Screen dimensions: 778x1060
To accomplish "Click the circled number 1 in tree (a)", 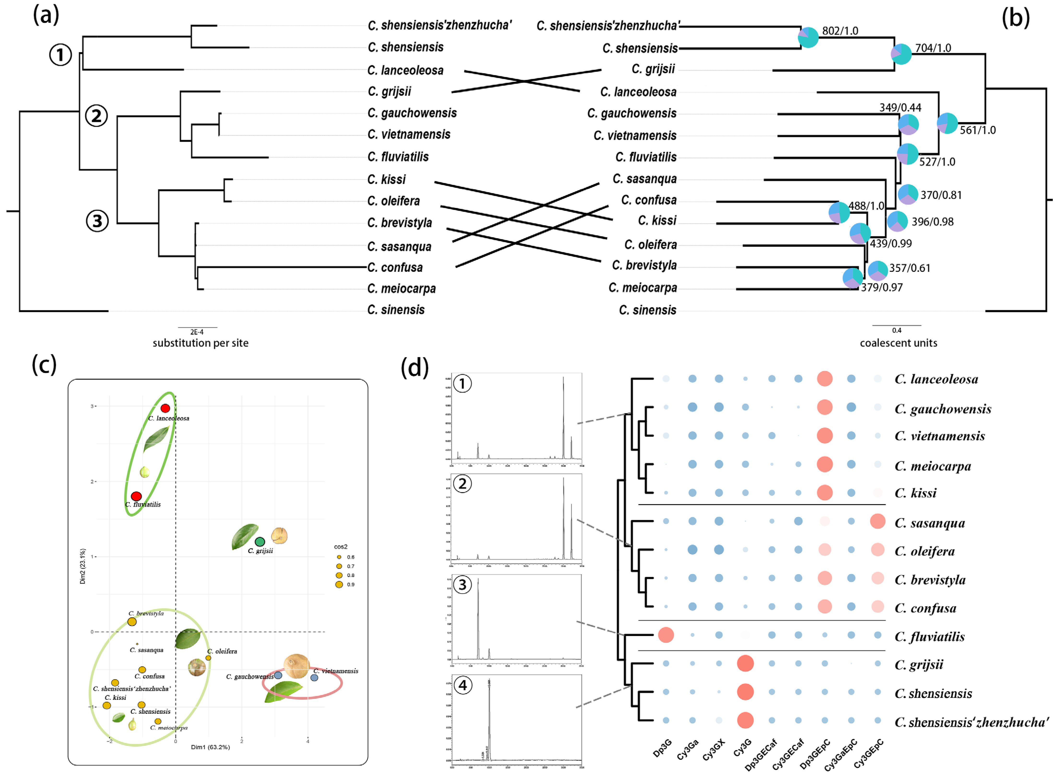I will click(60, 55).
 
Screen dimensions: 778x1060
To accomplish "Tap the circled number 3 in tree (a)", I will click(97, 221).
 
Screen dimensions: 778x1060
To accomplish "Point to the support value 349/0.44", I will click(900, 108).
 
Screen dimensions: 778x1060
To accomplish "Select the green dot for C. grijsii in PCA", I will click(260, 542).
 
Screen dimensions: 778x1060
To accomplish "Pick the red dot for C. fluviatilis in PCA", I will click(136, 496).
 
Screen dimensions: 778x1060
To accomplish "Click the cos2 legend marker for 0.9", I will click(339, 584).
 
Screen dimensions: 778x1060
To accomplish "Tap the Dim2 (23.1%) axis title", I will click(83, 566).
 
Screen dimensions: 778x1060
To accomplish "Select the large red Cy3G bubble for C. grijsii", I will click(745, 664).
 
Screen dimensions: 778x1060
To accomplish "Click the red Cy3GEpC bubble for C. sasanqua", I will click(877, 521).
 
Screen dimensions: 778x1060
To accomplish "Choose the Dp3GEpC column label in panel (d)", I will click(815, 754).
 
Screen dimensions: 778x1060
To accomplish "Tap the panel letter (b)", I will click(1015, 18).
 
